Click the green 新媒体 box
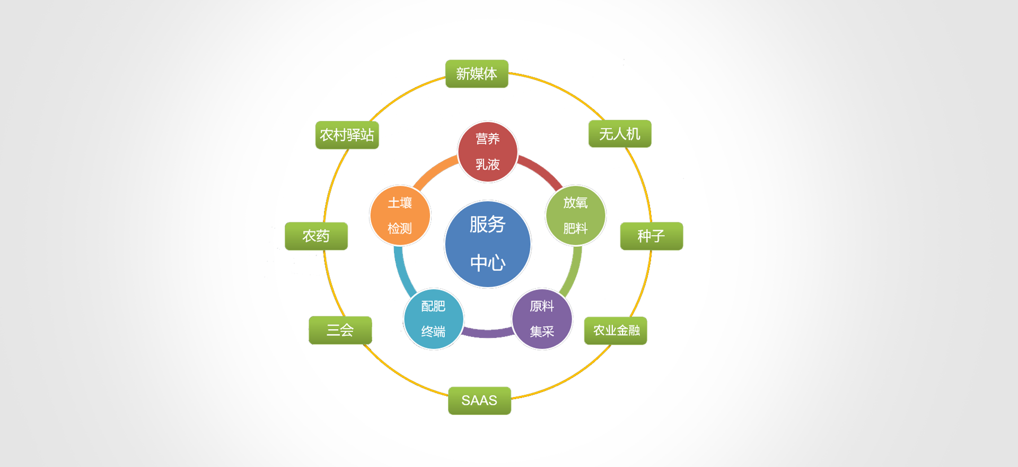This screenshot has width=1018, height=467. click(477, 74)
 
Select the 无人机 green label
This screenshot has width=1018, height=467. click(619, 134)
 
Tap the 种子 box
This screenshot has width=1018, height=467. click(651, 236)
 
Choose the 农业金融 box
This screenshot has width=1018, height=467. click(616, 331)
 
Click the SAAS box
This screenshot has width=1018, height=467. click(479, 401)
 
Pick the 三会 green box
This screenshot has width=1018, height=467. click(340, 330)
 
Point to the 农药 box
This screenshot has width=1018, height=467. click(316, 236)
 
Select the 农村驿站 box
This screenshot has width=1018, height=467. click(347, 135)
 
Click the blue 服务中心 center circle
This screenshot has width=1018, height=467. click(488, 244)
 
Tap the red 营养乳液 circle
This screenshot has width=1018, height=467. click(488, 152)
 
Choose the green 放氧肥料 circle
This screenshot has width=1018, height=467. click(575, 215)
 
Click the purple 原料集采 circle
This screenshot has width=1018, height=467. click(542, 319)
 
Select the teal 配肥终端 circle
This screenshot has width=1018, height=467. click(433, 319)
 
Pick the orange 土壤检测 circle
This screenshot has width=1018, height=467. click(400, 215)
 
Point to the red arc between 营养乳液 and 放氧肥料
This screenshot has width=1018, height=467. click(542, 170)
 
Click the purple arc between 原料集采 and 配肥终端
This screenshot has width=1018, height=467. click(488, 333)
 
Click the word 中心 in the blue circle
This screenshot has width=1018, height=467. click(488, 263)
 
